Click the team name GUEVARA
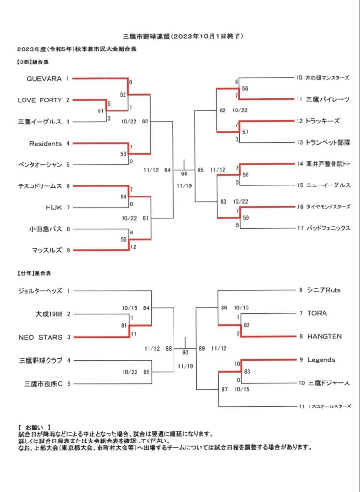point(44,78)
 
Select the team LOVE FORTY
point(40,100)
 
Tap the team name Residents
point(45,143)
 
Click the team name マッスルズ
point(47,250)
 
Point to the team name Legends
point(321,360)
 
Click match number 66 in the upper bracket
point(184,173)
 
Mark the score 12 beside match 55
point(133,247)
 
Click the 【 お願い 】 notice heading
point(37,427)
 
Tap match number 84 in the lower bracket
point(146,307)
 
